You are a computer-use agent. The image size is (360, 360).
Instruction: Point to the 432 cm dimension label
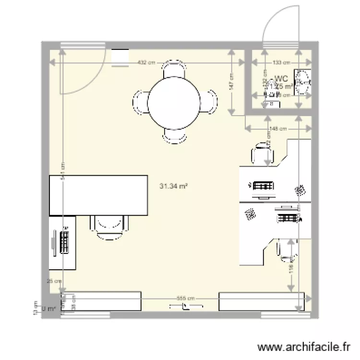point(146,62)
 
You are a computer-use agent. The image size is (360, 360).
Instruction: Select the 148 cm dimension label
point(278,129)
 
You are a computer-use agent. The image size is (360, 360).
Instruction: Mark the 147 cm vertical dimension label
point(231,82)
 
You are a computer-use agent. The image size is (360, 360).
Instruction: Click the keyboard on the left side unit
point(64,241)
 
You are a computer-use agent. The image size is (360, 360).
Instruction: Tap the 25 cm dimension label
point(54,282)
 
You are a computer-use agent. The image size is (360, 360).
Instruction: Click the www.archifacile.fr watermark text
point(302,347)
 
